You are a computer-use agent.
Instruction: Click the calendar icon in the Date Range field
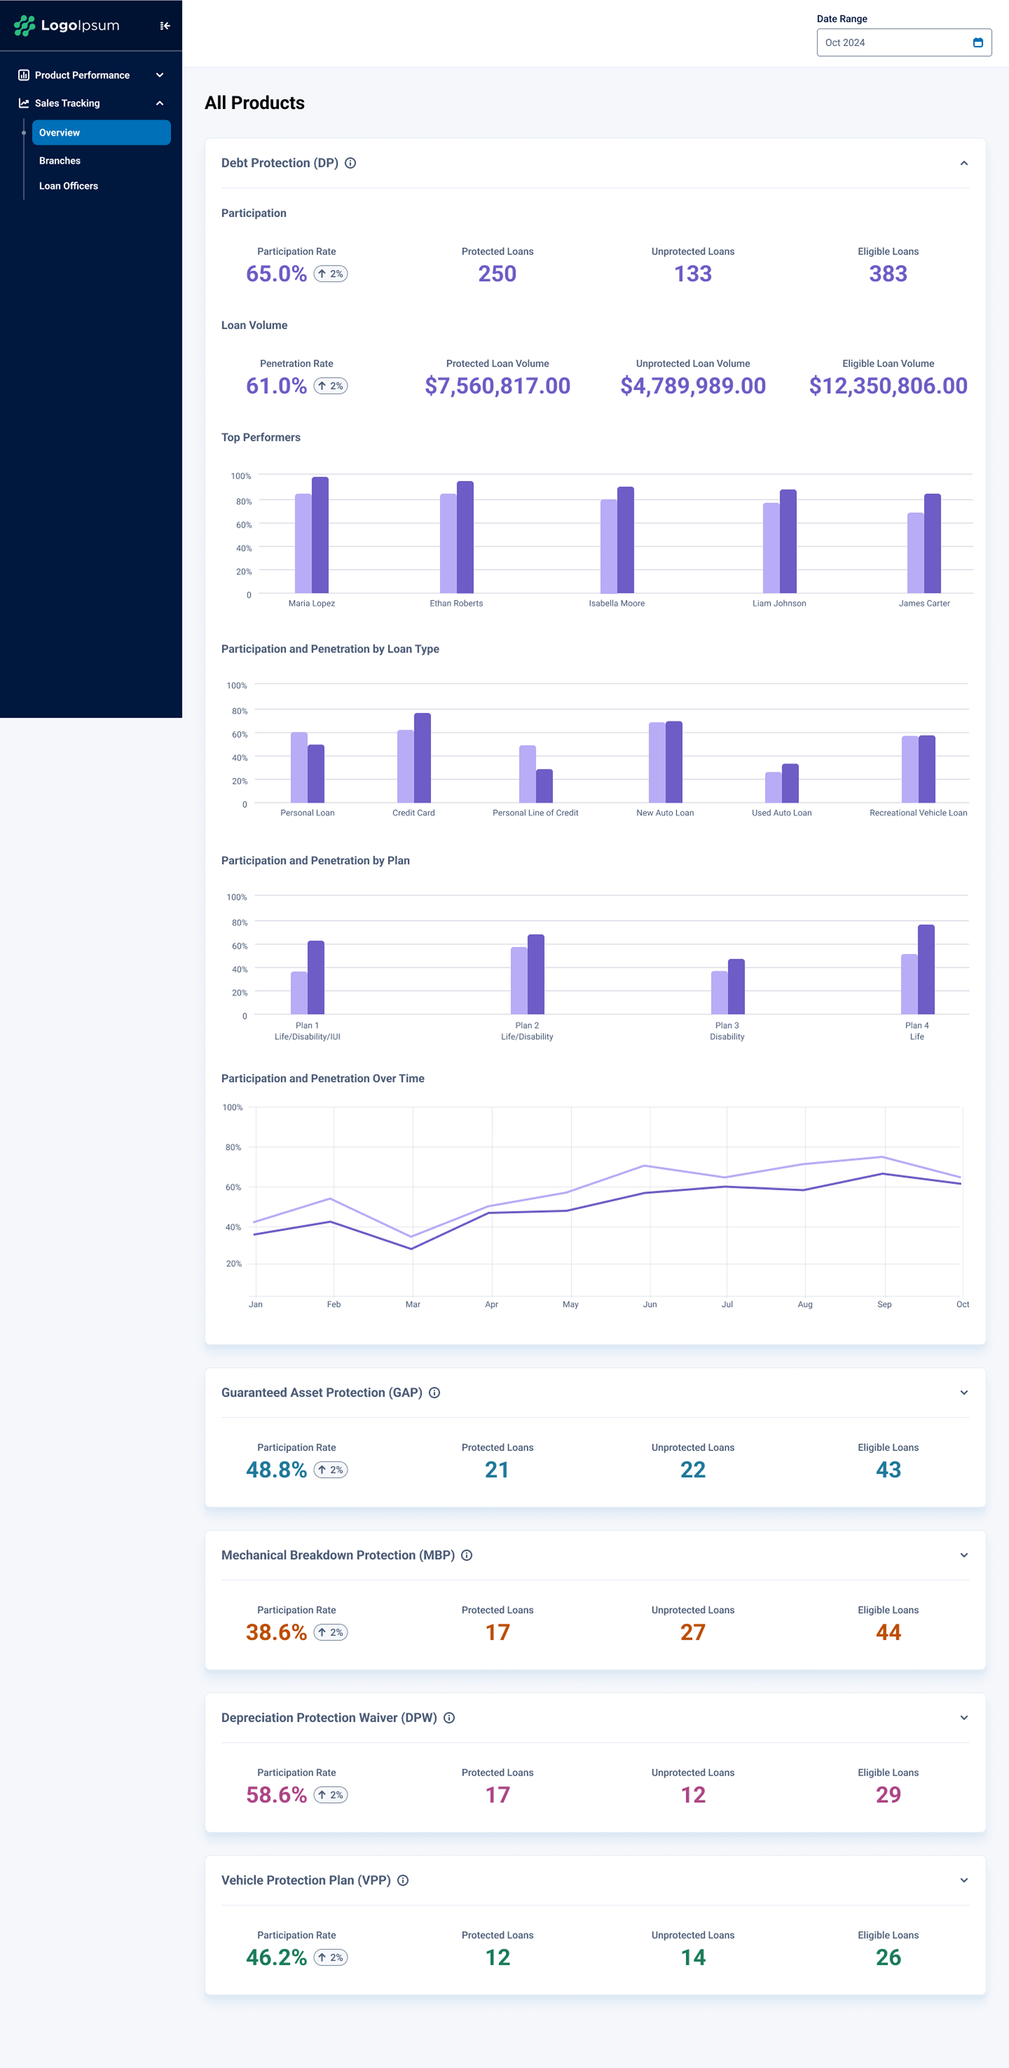click(978, 43)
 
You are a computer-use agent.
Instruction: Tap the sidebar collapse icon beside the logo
click(165, 26)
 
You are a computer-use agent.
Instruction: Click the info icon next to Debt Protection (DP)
click(350, 163)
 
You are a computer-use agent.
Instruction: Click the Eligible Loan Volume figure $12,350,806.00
click(888, 386)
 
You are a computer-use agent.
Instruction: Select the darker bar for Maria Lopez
click(320, 535)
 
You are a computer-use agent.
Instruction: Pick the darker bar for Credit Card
click(422, 758)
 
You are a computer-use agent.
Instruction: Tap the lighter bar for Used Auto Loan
click(773, 787)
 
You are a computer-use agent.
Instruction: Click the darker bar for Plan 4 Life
click(926, 969)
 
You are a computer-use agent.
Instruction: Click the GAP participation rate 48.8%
click(276, 1470)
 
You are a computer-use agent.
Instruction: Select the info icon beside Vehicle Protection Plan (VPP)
click(403, 1880)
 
